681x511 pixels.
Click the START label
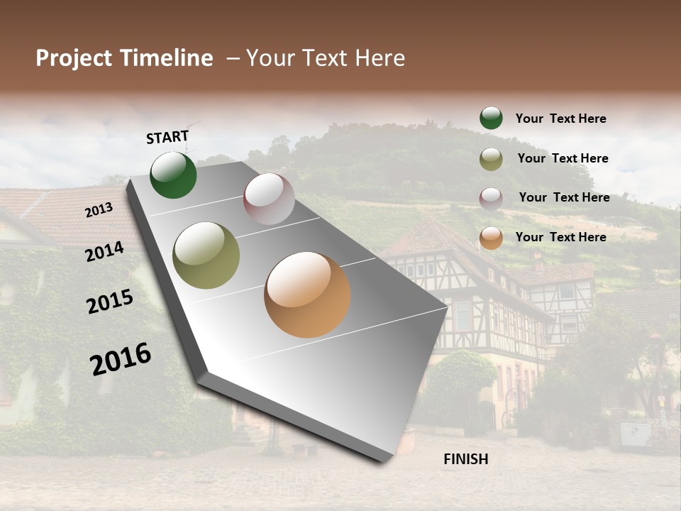pos(167,137)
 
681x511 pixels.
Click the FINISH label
pos(466,459)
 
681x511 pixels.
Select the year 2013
pos(99,209)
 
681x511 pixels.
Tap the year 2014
pos(104,251)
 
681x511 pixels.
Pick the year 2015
pos(110,302)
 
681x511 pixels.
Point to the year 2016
pos(121,359)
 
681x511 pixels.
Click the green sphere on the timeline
pos(174,175)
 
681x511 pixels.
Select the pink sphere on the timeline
pos(269,199)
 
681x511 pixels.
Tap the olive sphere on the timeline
pos(206,255)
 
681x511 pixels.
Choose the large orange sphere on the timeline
pos(307,295)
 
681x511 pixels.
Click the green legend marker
pos(491,118)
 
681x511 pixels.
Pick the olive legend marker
pos(491,159)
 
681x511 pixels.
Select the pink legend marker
pos(491,199)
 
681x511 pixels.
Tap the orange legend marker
pos(491,238)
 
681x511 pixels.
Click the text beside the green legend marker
pos(560,119)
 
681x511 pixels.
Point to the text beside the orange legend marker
pos(560,237)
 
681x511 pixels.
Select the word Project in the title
pos(74,58)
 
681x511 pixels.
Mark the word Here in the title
pos(380,58)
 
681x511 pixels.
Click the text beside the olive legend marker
pos(563,158)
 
